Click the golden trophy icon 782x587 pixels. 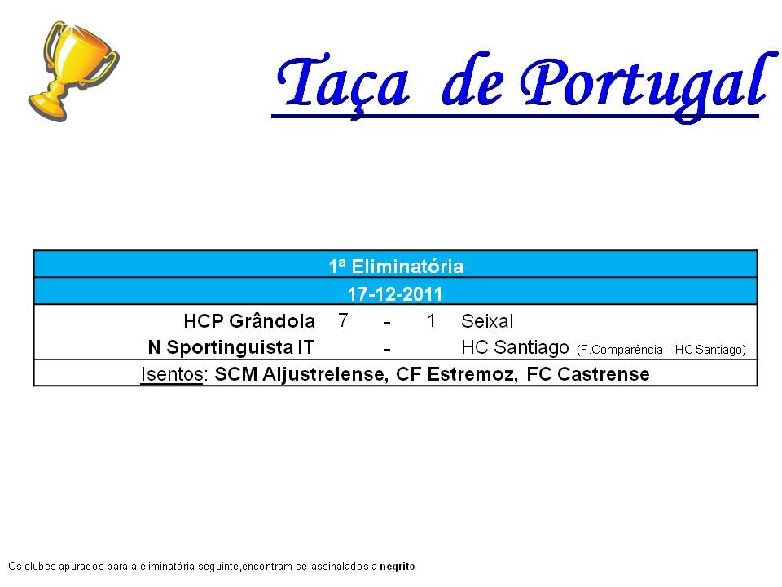tap(73, 72)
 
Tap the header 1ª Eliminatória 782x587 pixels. tap(396, 266)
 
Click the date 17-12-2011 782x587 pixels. tap(395, 294)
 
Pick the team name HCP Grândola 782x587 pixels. tap(249, 321)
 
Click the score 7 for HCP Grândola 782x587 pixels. tap(343, 320)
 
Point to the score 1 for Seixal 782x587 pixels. tap(432, 320)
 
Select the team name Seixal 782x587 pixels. tap(487, 321)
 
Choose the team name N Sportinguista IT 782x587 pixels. tap(231, 347)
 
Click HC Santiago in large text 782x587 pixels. tap(515, 347)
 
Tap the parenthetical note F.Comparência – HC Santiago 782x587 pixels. tap(661, 350)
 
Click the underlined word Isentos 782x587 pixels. tap(172, 374)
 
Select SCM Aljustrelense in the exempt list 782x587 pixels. tap(301, 374)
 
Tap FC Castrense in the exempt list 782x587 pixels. tap(588, 374)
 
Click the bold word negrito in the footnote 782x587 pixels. tap(398, 567)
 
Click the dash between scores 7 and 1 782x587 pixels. tap(387, 323)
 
